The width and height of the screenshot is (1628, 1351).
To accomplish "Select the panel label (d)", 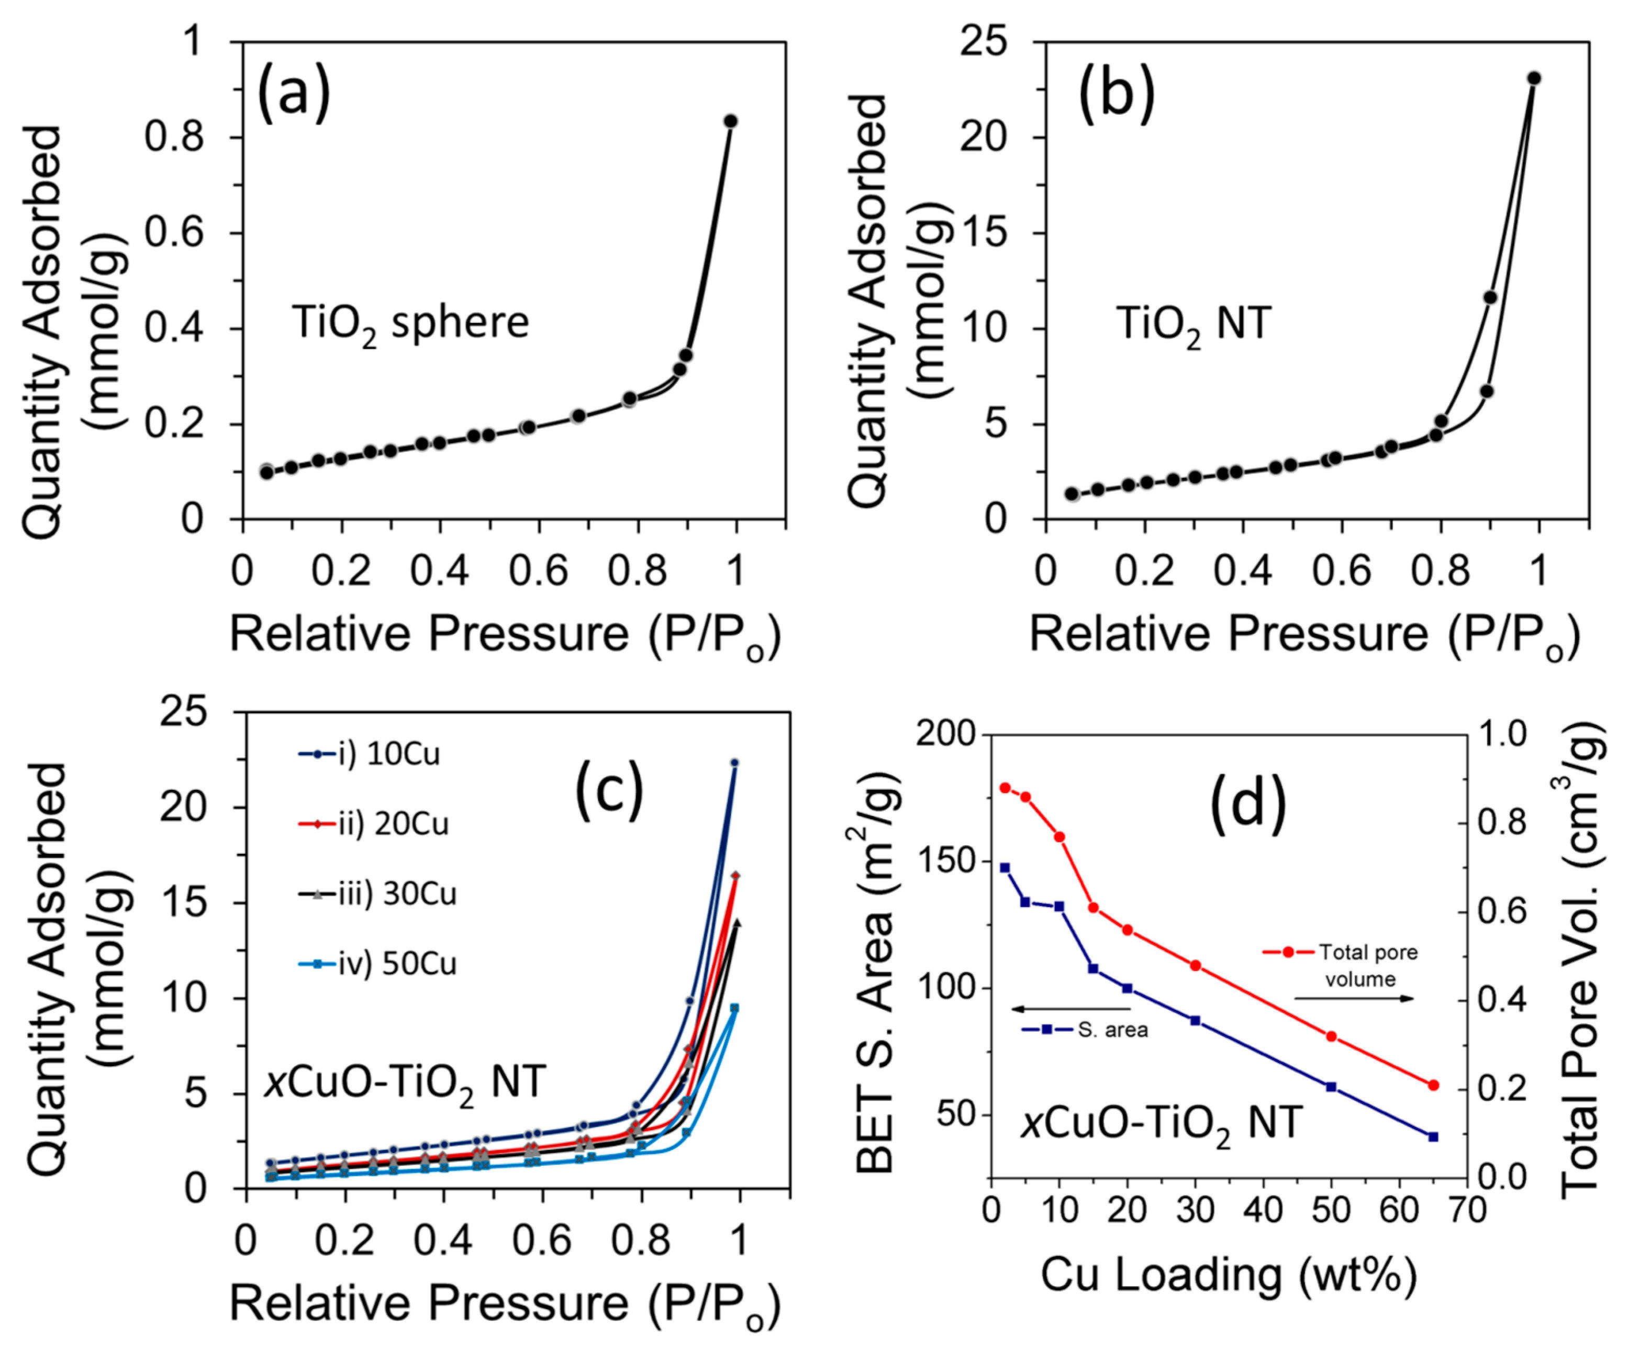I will pos(1248,803).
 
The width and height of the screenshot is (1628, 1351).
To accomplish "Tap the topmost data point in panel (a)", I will pos(730,121).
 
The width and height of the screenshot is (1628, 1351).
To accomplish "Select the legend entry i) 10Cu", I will pos(370,754).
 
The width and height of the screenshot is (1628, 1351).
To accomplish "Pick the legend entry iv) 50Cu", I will pos(377,964).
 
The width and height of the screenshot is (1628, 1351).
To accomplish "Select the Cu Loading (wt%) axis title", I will pos(1228,1275).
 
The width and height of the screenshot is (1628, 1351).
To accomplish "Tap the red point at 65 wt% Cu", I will pos(1433,1085).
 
